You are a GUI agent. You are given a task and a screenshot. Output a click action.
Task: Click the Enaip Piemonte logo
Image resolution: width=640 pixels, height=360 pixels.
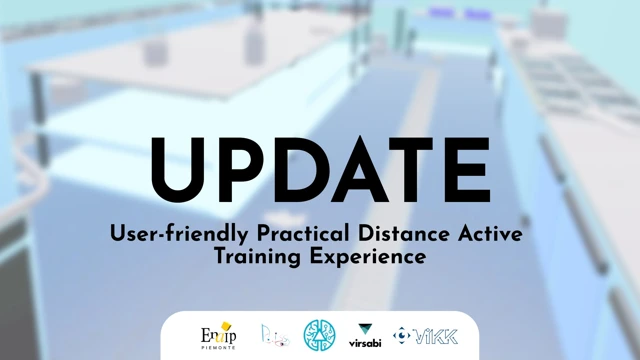pyautogui.click(x=218, y=333)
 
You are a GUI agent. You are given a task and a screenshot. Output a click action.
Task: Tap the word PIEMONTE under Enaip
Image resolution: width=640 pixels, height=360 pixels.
pyautogui.click(x=216, y=345)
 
